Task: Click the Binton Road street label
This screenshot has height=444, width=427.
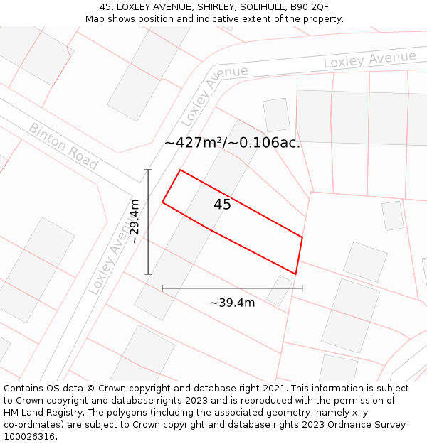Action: pos(63,146)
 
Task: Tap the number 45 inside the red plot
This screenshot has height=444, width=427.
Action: pos(222,205)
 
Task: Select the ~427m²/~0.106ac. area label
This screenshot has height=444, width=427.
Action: pos(232,142)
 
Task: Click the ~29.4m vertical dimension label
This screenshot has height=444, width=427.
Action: pos(134,222)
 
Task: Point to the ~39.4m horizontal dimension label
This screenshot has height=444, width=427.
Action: pos(232,303)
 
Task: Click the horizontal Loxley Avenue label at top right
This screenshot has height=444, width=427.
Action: pos(369,60)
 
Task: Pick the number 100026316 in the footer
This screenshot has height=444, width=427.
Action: pos(29,437)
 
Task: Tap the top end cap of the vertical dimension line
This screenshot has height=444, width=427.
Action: pos(148,170)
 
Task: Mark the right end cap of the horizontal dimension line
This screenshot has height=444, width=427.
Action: pos(302,288)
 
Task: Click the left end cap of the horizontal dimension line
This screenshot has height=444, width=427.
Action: pos(162,288)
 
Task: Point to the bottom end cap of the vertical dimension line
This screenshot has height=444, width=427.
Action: pos(148,274)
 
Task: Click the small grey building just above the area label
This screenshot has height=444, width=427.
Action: pos(276,115)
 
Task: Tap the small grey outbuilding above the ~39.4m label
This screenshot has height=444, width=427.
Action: pos(279,290)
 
